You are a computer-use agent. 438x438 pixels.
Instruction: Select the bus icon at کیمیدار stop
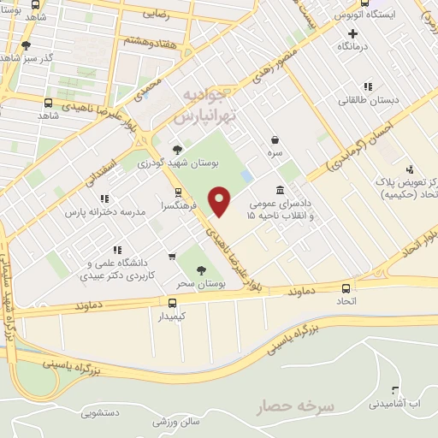pos(173,302)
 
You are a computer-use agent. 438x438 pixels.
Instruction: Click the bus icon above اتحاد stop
pos(346,288)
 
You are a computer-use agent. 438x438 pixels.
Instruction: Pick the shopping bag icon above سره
pos(274,139)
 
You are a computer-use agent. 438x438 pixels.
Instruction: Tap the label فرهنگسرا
pos(178,205)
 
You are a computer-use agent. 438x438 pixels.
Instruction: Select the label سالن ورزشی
pos(175,422)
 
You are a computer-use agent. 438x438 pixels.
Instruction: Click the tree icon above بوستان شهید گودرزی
pos(177,148)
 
